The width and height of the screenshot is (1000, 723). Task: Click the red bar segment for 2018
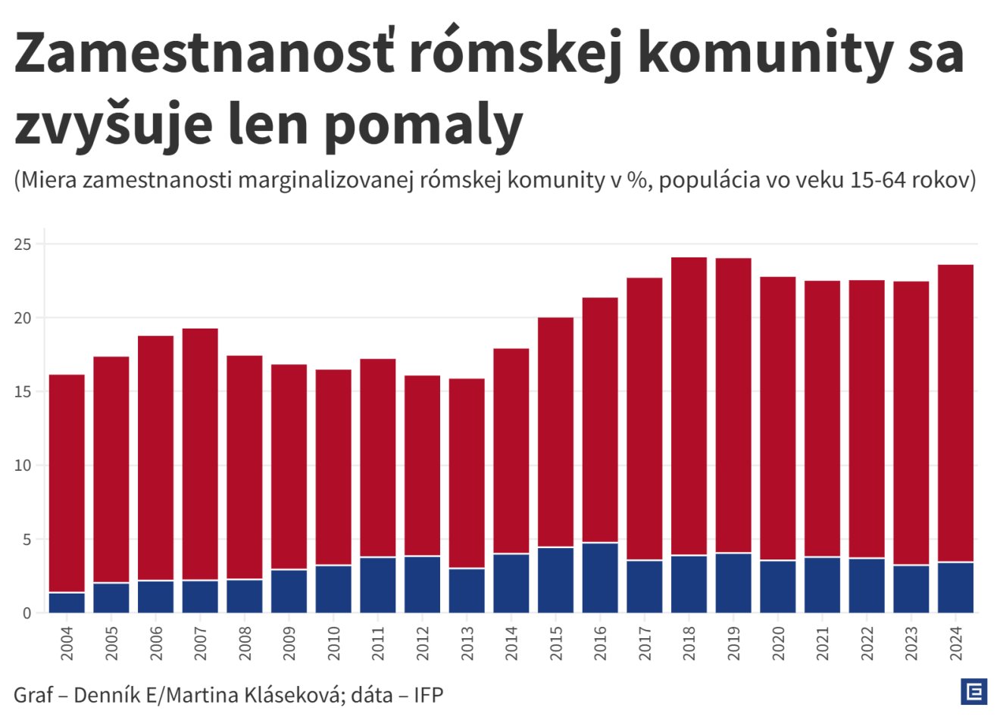click(x=689, y=407)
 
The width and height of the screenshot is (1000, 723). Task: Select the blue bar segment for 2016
click(x=600, y=578)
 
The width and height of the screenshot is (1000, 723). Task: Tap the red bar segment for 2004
click(x=67, y=483)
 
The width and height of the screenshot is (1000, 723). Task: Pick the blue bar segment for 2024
click(x=955, y=587)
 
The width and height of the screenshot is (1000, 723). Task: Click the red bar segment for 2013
click(x=467, y=473)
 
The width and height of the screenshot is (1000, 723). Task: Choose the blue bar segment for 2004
click(x=67, y=603)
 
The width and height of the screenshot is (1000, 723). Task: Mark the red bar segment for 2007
click(x=200, y=454)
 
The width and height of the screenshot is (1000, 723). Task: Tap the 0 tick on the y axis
click(x=27, y=613)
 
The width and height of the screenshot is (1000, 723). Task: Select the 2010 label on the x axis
click(x=334, y=643)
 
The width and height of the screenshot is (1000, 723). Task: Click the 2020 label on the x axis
click(x=778, y=643)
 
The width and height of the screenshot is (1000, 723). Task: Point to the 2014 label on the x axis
click(x=511, y=643)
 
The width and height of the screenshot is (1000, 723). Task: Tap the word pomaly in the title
click(x=423, y=125)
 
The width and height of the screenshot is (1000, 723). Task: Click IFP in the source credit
click(x=428, y=694)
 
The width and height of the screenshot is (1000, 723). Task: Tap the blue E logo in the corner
click(x=973, y=691)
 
